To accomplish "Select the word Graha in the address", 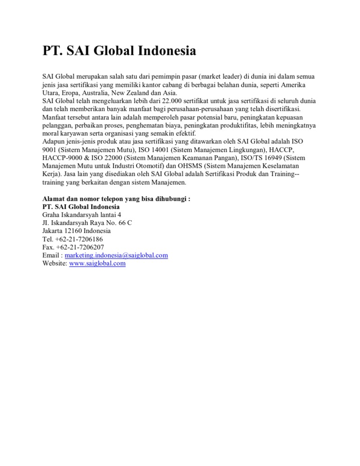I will (51, 214).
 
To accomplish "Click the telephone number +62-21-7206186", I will (79, 239).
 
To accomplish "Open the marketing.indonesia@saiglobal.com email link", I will (116, 255).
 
